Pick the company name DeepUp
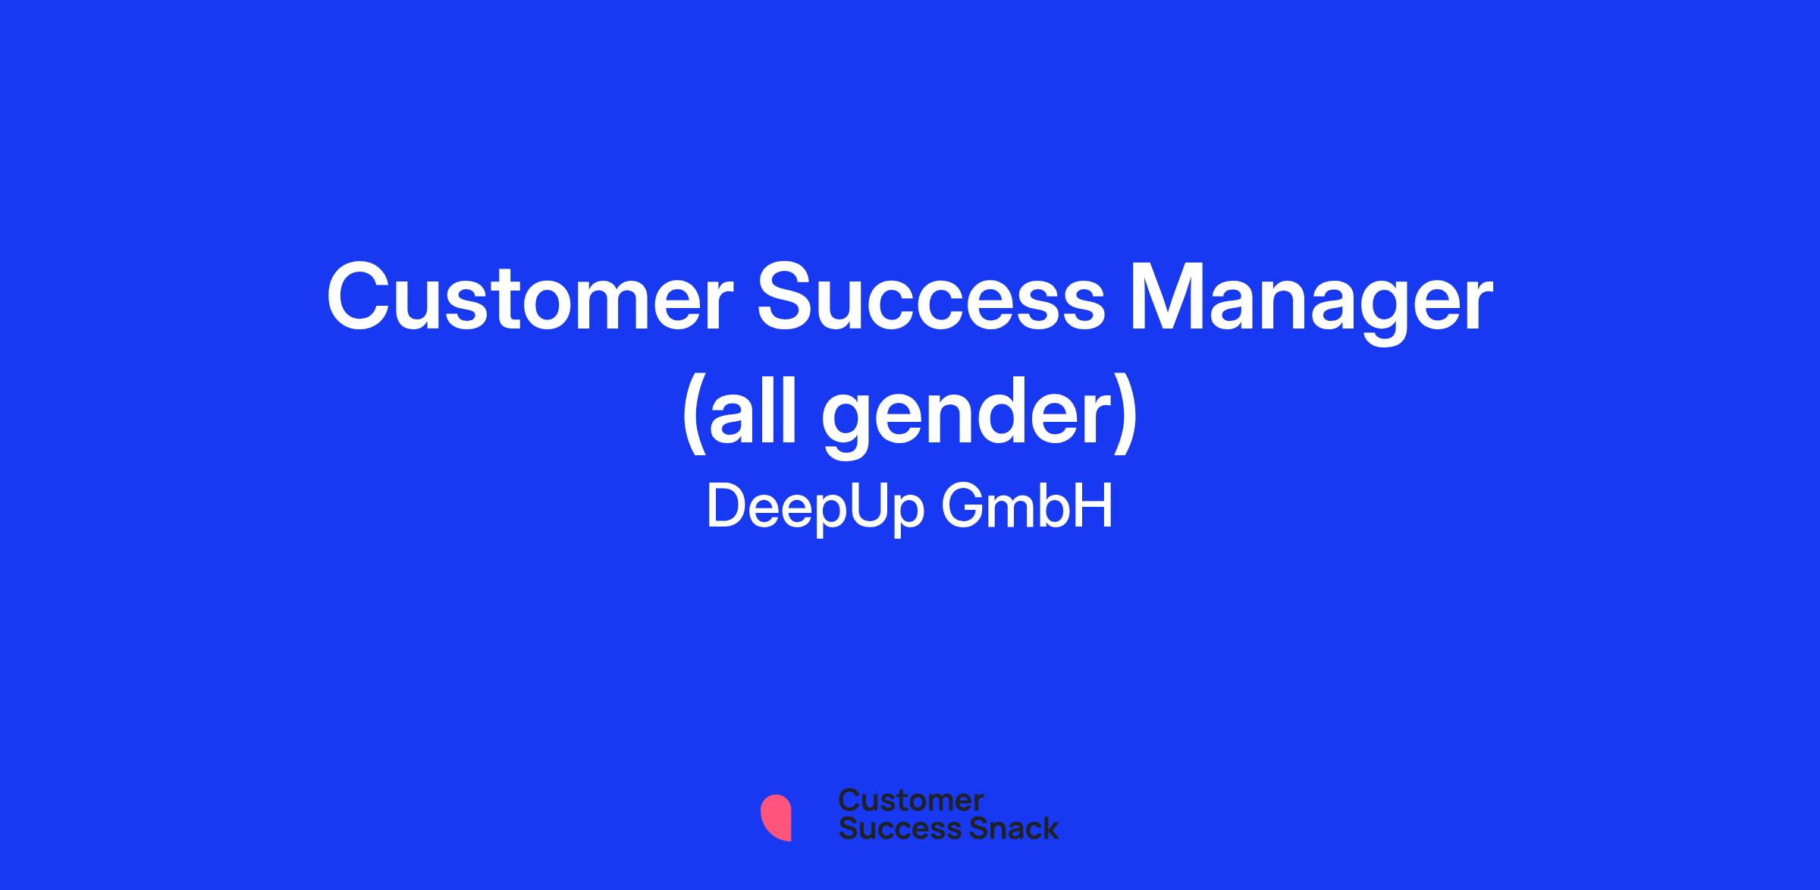[815, 507]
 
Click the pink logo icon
[776, 818]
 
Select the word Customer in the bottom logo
[911, 800]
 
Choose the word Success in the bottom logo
[890, 828]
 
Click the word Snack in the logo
[1003, 828]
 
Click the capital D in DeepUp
[726, 505]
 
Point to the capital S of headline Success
[789, 297]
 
